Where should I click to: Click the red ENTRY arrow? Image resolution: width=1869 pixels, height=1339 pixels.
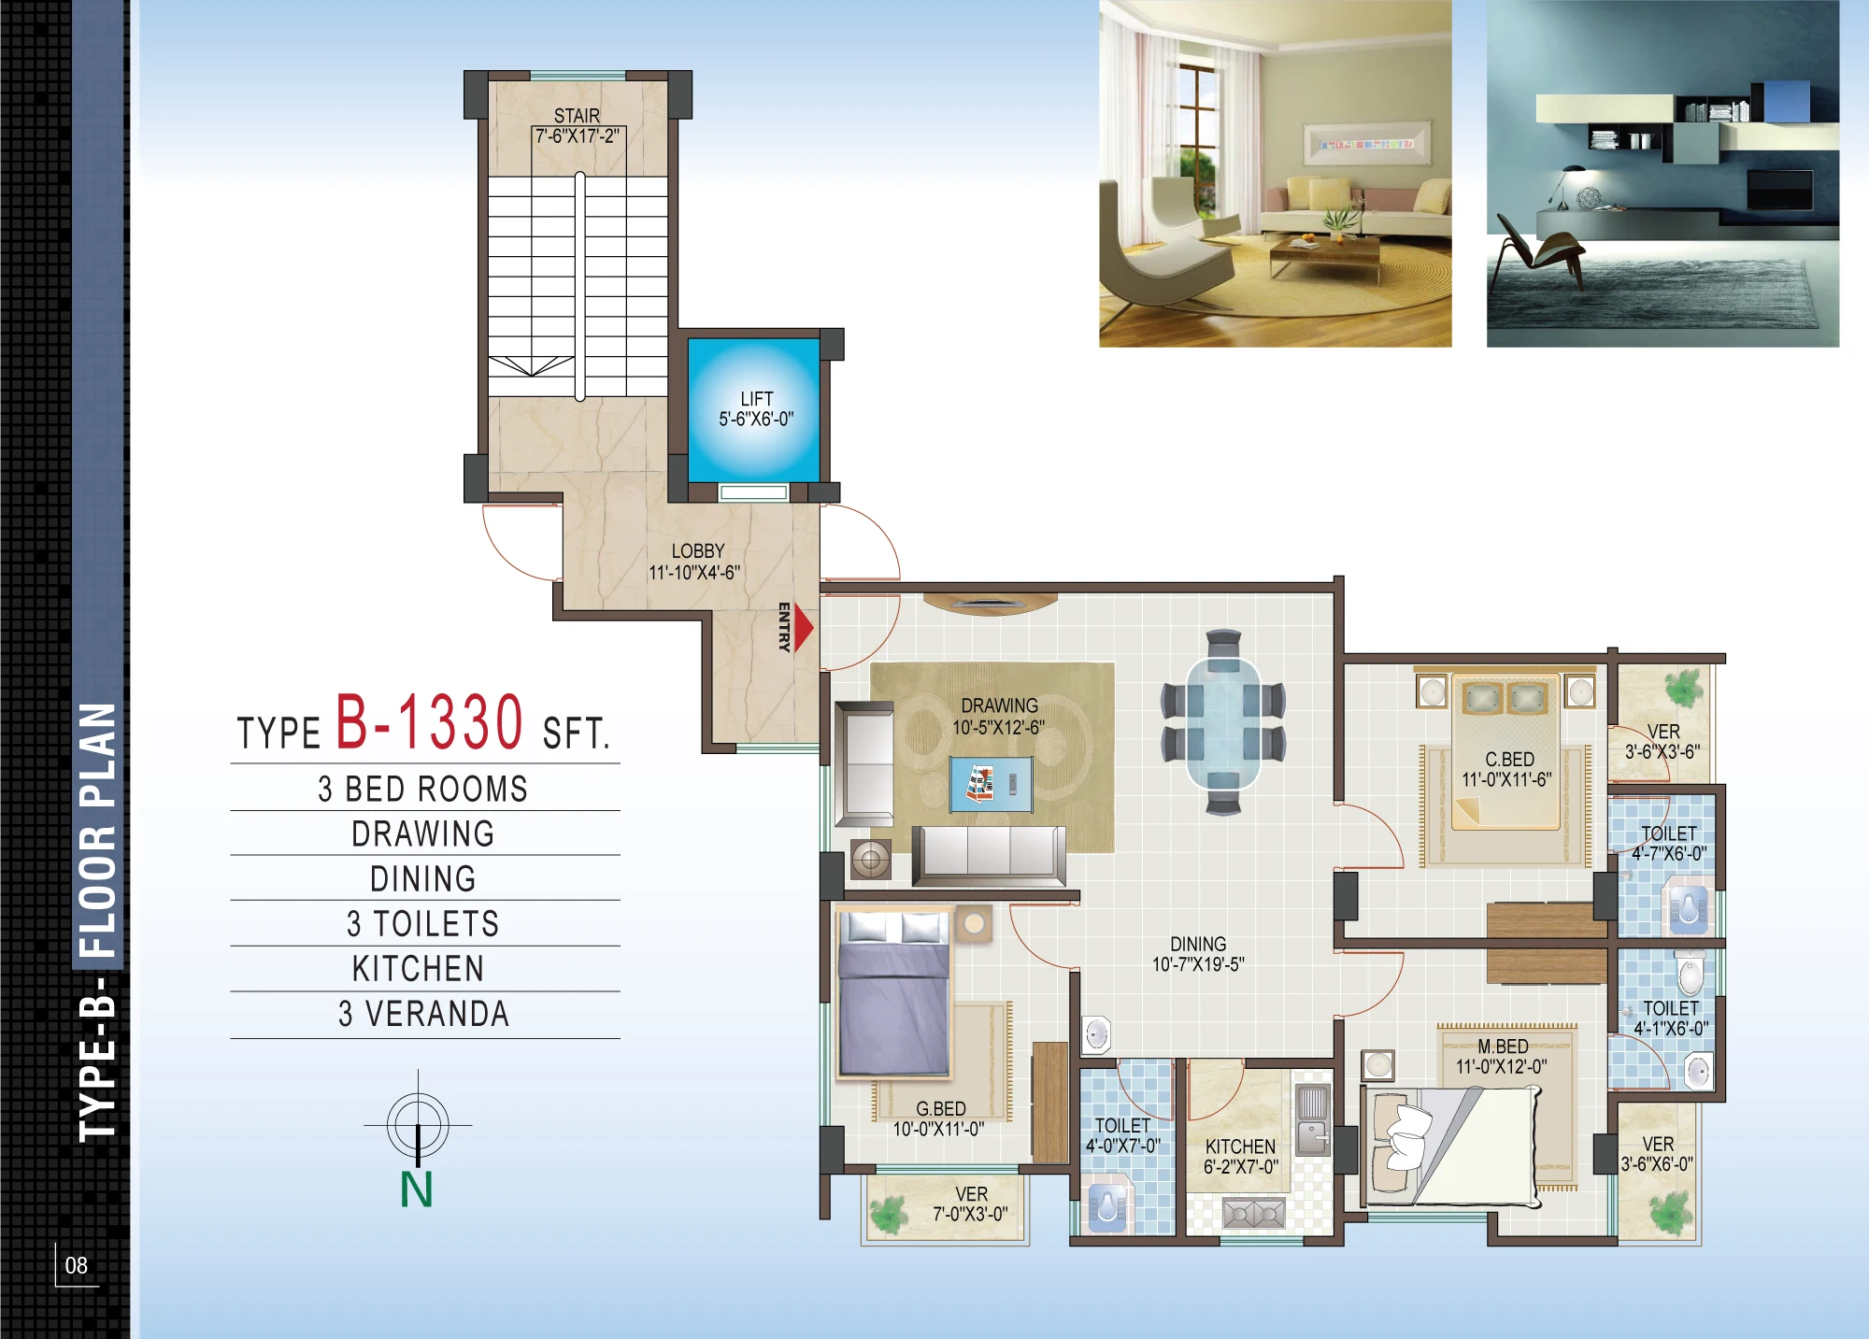click(x=804, y=628)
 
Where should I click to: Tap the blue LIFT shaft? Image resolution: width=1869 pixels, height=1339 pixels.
click(x=754, y=409)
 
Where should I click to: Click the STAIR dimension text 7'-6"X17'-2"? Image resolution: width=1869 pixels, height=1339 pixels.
click(x=578, y=136)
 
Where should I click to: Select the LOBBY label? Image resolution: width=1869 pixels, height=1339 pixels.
click(x=698, y=551)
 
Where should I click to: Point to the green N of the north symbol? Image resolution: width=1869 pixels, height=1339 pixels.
click(x=417, y=1189)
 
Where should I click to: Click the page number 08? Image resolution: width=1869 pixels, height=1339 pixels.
click(x=77, y=1265)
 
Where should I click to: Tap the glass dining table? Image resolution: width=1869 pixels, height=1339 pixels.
click(x=1223, y=723)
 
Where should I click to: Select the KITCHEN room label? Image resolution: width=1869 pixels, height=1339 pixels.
click(x=1240, y=1147)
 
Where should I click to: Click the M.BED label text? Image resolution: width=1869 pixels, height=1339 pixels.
click(x=1503, y=1047)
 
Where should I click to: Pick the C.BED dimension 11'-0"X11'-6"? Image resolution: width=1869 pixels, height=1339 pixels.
click(x=1506, y=779)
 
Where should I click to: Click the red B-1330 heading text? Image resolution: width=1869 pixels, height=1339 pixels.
click(x=429, y=721)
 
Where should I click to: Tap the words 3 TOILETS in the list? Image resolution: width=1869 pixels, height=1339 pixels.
click(x=423, y=924)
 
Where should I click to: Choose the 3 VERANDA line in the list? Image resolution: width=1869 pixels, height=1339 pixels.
click(x=424, y=1014)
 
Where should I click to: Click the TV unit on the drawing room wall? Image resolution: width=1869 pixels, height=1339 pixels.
click(x=990, y=604)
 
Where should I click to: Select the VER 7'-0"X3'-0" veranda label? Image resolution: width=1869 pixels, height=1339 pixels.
click(x=971, y=1204)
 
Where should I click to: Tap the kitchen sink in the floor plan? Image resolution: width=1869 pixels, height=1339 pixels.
click(x=1313, y=1120)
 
